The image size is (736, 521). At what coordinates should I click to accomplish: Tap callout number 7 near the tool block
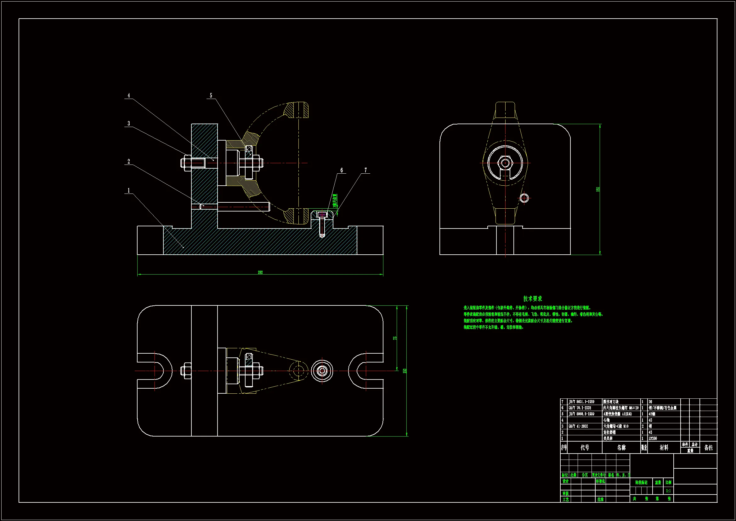[365, 170]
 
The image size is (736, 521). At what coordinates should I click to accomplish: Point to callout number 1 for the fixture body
[129, 191]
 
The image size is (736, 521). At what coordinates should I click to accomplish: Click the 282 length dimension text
[260, 273]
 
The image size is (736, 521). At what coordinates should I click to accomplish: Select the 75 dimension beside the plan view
[395, 338]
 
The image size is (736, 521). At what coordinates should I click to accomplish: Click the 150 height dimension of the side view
[597, 189]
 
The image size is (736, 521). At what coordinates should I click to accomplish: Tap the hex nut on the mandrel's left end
[186, 163]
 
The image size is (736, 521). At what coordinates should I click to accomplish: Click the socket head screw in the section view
[322, 222]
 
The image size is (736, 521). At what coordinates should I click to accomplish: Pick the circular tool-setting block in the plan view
[322, 371]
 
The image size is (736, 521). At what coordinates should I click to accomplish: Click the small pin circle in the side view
[524, 198]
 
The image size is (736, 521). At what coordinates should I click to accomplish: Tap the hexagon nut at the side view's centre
[506, 163]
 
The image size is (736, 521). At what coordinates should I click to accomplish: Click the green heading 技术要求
[532, 298]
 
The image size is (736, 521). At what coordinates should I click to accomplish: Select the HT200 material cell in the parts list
[653, 438]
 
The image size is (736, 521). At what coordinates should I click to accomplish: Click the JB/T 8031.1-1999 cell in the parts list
[581, 402]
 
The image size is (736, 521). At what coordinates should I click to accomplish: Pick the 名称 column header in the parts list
[621, 448]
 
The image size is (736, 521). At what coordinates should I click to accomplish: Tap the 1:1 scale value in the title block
[668, 491]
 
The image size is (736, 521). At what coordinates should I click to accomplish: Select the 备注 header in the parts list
[708, 448]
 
